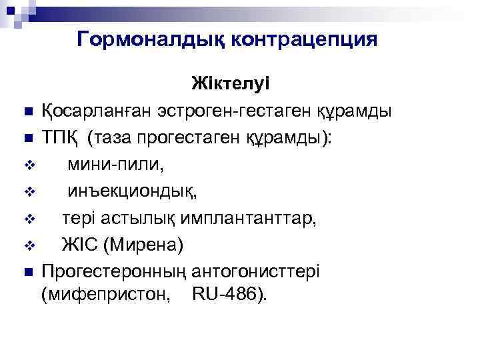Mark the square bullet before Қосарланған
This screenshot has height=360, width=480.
(x=27, y=111)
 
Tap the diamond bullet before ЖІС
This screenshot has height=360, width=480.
(x=27, y=246)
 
